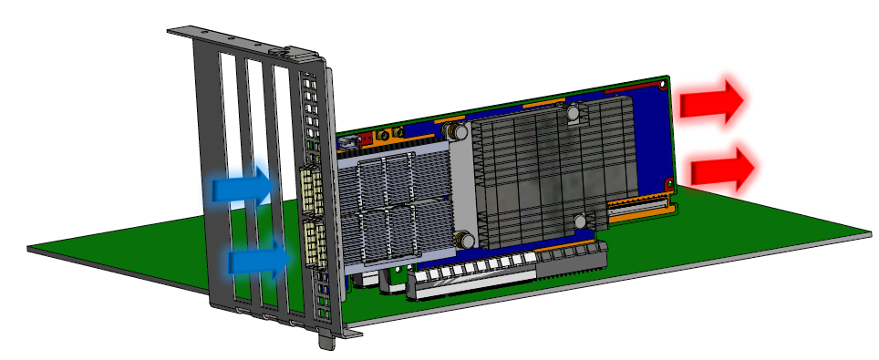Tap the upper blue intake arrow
tap(241, 189)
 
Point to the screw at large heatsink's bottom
tap(580, 220)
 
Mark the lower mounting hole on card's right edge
tap(671, 184)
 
